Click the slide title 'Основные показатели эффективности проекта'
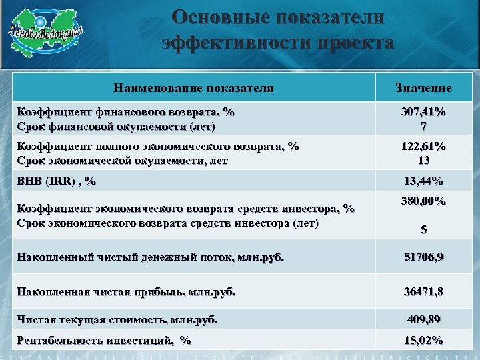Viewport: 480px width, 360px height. [x=277, y=30]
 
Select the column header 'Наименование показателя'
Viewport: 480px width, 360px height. [x=193, y=87]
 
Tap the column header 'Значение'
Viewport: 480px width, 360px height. [x=423, y=88]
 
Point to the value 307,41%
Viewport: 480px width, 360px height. [x=423, y=113]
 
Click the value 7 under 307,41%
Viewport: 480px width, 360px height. [x=423, y=126]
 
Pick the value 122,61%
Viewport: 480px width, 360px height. [x=423, y=147]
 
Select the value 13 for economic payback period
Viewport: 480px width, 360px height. [x=423, y=161]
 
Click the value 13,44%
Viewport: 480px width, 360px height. [x=423, y=181]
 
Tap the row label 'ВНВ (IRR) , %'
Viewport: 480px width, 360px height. [x=57, y=181]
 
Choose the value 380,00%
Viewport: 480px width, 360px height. [x=423, y=201]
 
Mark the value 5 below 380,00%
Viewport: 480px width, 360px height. [x=423, y=230]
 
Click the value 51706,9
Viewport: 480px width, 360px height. [x=423, y=257]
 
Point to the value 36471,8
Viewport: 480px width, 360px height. [x=423, y=291]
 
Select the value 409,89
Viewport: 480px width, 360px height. [x=423, y=319]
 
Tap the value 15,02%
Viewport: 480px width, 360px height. [x=423, y=340]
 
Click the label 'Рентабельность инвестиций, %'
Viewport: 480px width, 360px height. [x=104, y=340]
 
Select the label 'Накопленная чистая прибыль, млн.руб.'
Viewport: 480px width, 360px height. [x=126, y=291]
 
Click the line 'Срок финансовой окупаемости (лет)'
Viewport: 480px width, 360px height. [x=116, y=126]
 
